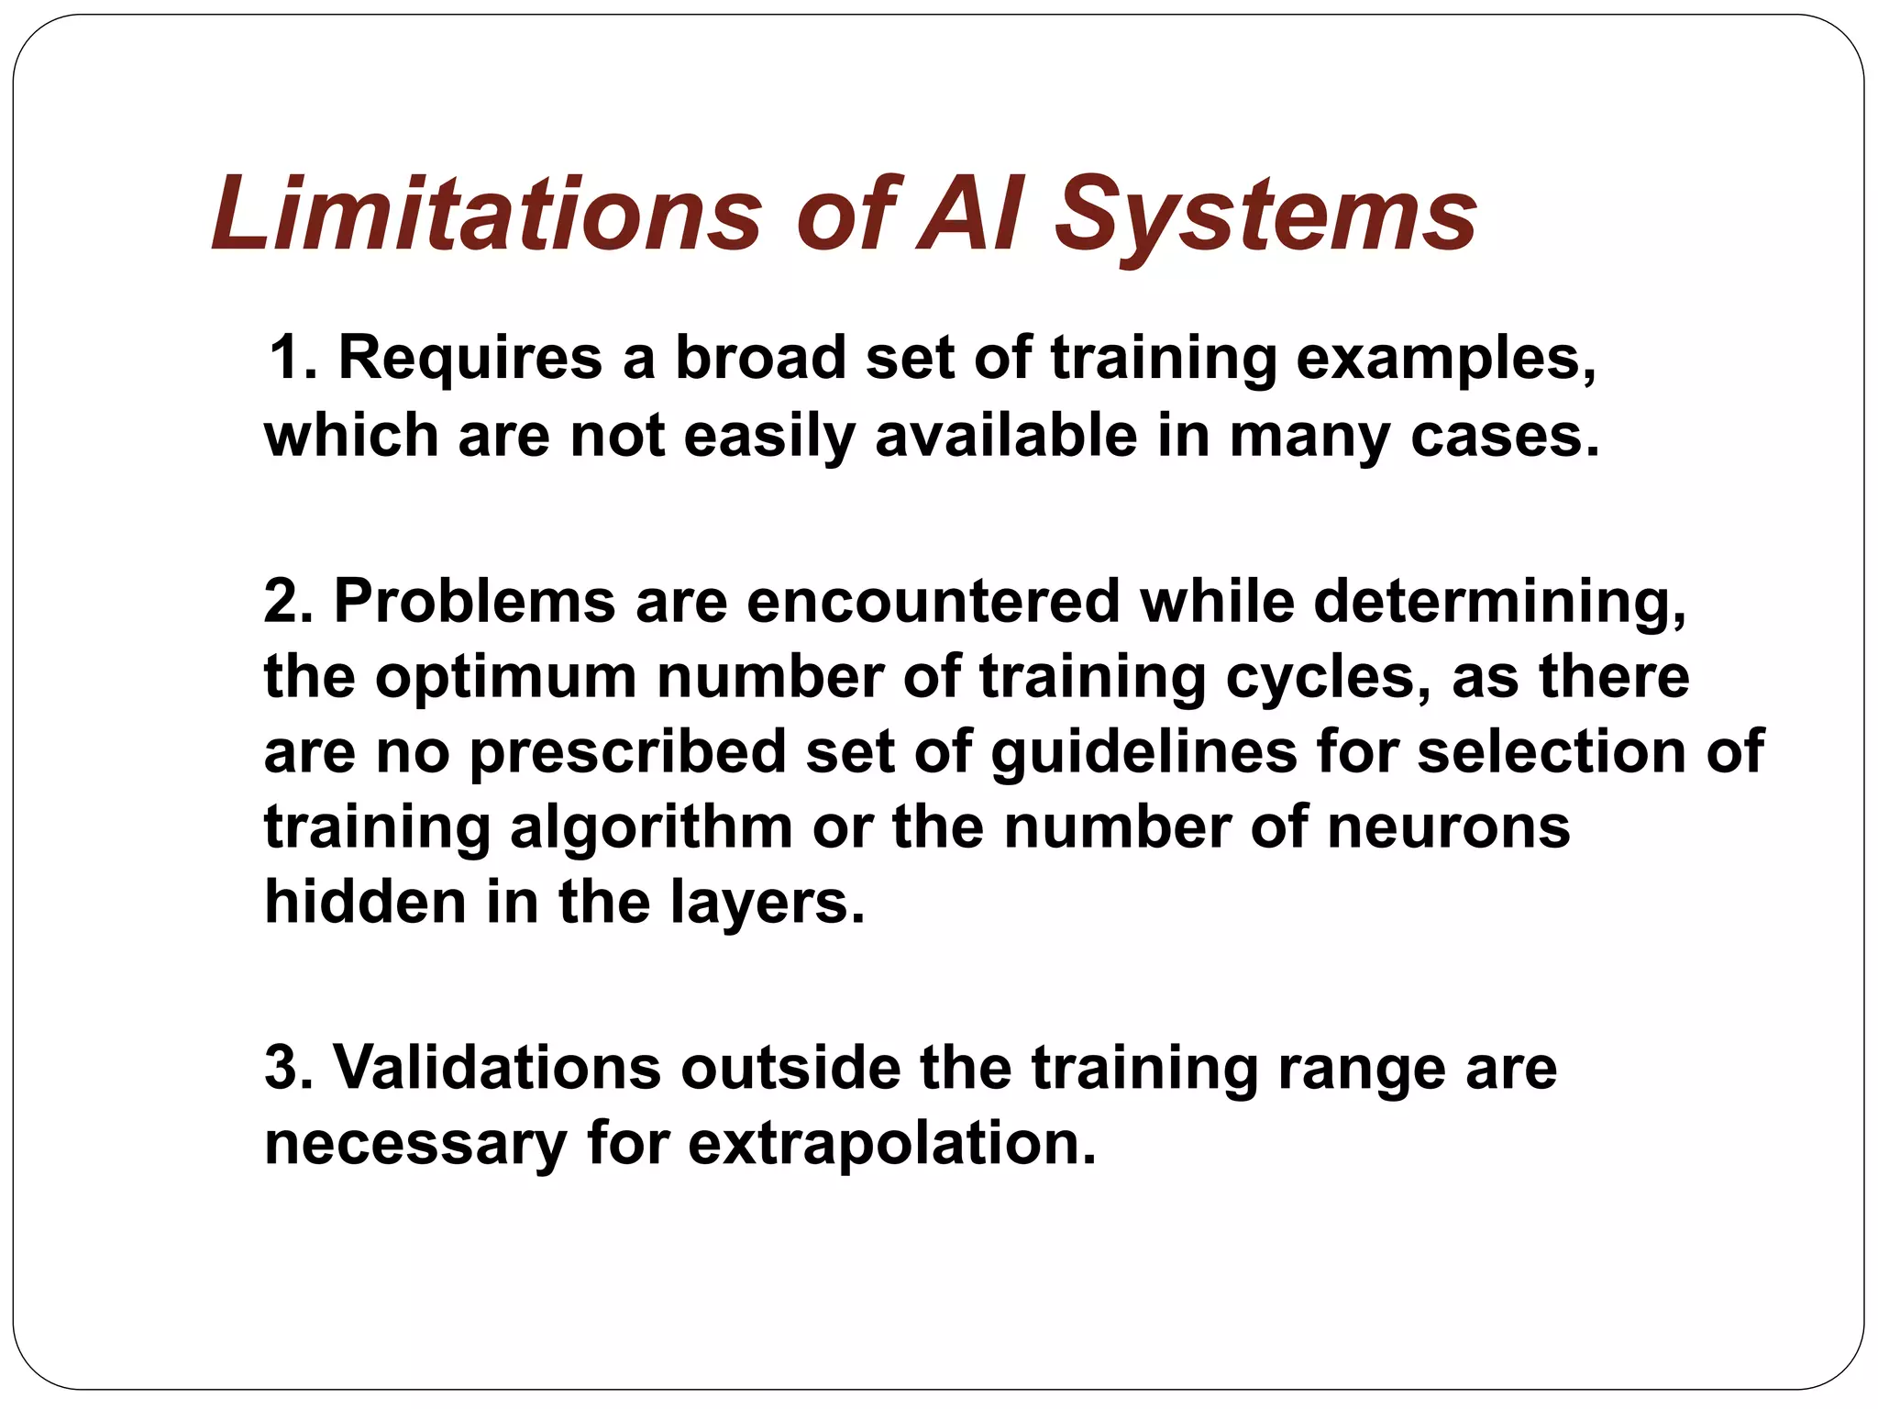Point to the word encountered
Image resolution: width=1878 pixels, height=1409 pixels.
pos(933,602)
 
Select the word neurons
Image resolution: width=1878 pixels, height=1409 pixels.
pos(1448,828)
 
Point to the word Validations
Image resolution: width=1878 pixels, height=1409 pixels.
pos(496,1069)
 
